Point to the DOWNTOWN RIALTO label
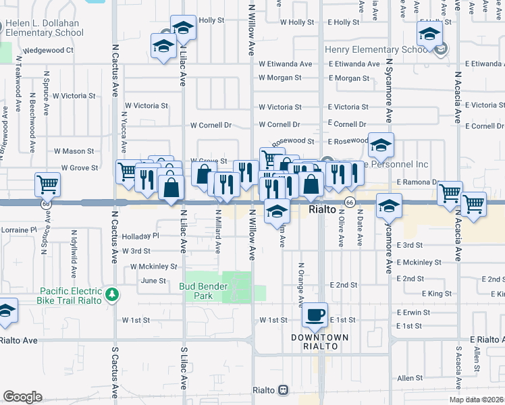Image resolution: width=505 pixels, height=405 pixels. click(320, 342)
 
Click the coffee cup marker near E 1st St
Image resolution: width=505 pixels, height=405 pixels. click(315, 315)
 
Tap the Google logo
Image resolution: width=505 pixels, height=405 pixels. click(22, 397)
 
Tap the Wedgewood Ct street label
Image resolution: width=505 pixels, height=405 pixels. click(48, 50)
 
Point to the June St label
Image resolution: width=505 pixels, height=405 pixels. click(153, 280)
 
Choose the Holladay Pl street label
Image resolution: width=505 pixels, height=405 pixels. click(140, 236)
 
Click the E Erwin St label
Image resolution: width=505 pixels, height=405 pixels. click(413, 313)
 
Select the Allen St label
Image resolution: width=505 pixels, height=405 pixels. click(410, 379)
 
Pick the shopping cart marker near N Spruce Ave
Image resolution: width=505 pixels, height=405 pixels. click(48, 184)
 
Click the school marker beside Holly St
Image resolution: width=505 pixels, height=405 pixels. click(183, 28)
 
